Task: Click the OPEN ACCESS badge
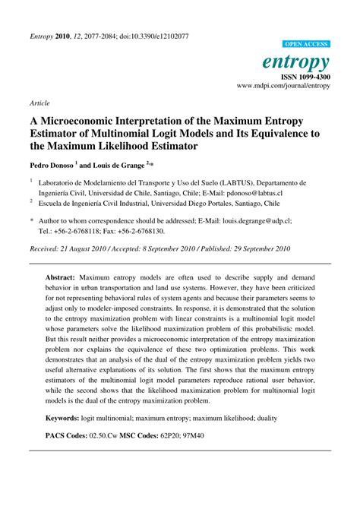pyautogui.click(x=305, y=45)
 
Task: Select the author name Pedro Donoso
pyautogui.click(x=52, y=164)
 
